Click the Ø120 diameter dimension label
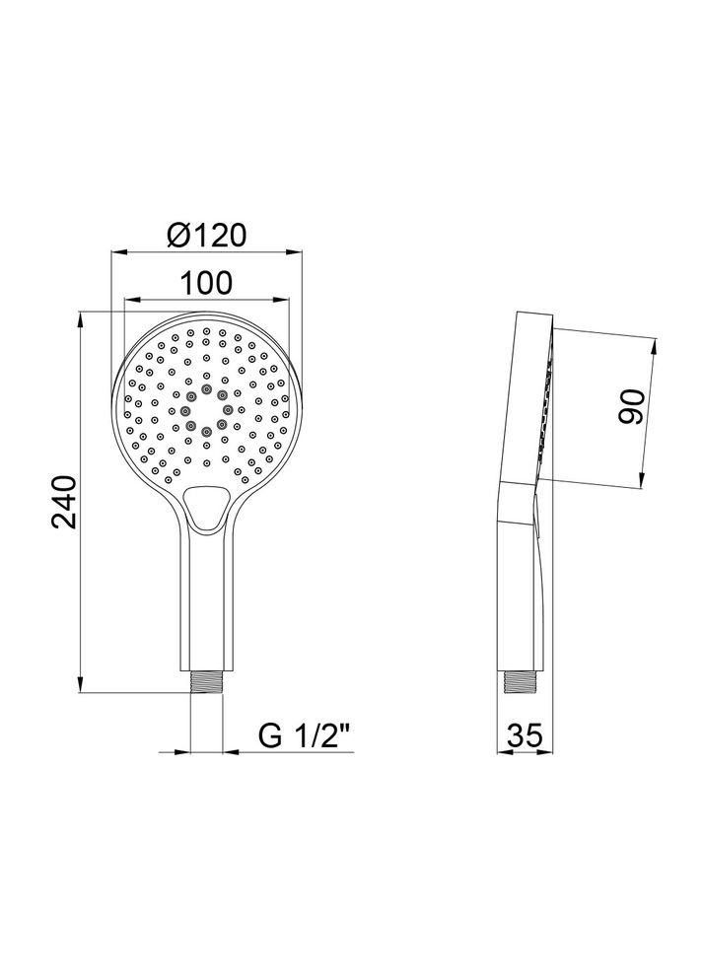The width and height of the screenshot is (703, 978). [x=205, y=236]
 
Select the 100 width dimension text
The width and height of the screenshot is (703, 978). [x=206, y=283]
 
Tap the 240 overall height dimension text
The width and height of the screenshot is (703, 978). [x=63, y=504]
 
